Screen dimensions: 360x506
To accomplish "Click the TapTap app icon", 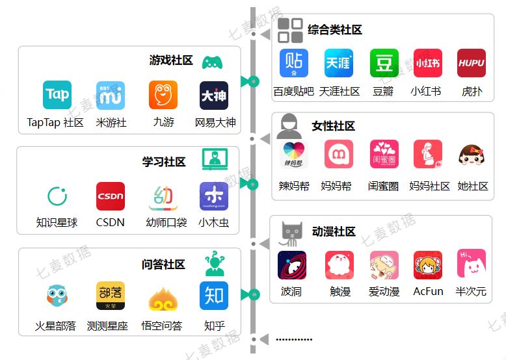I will click(57, 95).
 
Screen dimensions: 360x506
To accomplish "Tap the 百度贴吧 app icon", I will click(293, 63).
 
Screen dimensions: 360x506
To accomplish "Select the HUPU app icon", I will click(472, 63).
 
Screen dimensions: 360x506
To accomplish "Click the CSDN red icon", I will click(111, 196).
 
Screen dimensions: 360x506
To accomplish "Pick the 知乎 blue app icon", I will click(214, 296).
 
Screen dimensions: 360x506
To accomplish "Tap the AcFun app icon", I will click(427, 265).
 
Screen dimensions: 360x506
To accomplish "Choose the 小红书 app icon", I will click(427, 63).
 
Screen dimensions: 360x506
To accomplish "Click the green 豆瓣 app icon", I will click(384, 63).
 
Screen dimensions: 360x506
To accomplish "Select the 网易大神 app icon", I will click(214, 95).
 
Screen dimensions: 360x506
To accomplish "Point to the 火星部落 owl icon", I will click(57, 296).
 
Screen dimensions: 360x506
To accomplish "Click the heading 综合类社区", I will click(335, 30).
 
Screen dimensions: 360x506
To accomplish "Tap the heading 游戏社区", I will click(171, 60).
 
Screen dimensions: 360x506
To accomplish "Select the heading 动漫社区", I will click(334, 232).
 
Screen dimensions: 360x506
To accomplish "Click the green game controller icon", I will click(212, 62).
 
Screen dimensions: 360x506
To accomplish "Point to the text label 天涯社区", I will click(339, 92).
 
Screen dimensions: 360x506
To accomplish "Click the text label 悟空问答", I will click(162, 326).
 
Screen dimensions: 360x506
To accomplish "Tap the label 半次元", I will click(471, 292).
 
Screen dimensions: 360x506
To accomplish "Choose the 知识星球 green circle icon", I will click(57, 196).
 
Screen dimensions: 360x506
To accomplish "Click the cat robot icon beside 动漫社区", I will click(291, 233).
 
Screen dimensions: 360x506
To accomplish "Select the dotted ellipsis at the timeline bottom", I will click(294, 339).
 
